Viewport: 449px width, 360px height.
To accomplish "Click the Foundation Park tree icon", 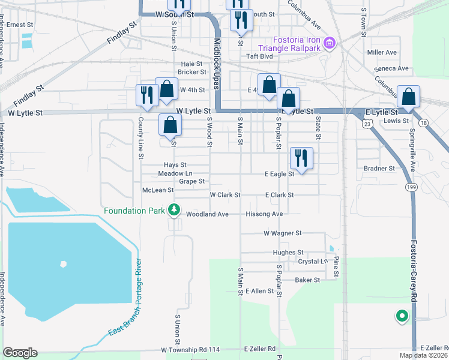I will click(x=174, y=210).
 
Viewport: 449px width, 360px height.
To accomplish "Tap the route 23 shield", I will click(x=366, y=124).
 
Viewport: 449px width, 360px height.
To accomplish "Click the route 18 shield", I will click(x=424, y=123).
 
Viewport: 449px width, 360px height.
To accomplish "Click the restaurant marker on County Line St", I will click(x=146, y=94).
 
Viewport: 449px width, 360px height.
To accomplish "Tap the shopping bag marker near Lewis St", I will click(x=408, y=97).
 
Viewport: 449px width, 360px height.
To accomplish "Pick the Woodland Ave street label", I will click(x=207, y=214).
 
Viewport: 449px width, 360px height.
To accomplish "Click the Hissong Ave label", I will click(x=264, y=214).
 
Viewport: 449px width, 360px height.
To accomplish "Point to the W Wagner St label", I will click(x=282, y=233).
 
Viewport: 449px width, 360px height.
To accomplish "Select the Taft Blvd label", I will click(x=259, y=56).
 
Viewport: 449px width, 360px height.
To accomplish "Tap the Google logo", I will click(x=20, y=353).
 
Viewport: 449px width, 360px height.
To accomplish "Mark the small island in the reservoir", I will click(x=62, y=264).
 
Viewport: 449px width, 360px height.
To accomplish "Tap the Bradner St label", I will click(x=379, y=169).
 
